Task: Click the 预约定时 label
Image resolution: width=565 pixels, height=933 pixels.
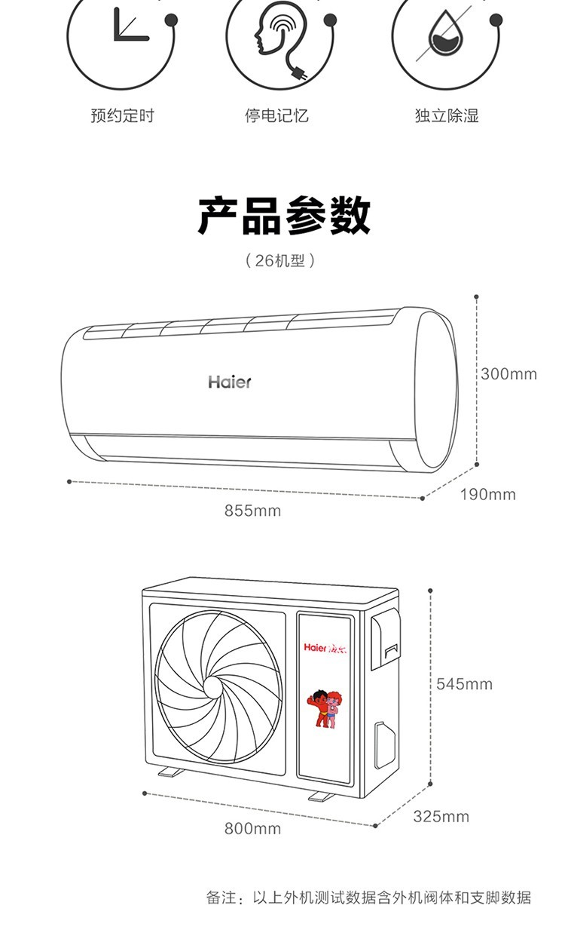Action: pos(122,116)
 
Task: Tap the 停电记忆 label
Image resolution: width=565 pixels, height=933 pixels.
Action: pos(276,116)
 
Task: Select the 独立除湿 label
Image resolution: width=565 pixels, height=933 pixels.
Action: pos(447,116)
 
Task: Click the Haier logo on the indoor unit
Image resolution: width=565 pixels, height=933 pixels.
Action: pos(230,382)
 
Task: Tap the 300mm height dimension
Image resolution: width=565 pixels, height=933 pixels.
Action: pos(508,373)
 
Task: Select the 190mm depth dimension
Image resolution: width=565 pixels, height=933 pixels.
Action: pos(488,495)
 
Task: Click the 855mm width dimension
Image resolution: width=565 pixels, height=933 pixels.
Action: pos(252,511)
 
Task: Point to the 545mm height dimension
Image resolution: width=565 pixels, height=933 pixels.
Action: pos(464,684)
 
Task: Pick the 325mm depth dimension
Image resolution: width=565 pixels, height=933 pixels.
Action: pos(441,817)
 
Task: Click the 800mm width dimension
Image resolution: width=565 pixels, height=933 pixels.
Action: pos(252,829)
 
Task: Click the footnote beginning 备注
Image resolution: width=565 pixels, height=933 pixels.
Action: pos(368,898)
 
